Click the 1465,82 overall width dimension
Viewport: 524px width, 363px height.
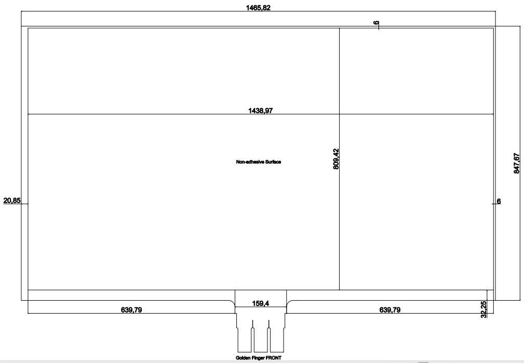(258, 8)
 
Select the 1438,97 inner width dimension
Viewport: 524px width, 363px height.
(260, 110)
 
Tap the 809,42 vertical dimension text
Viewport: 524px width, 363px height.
(336, 159)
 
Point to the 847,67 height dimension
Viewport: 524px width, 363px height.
(517, 163)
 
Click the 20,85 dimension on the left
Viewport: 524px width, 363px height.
(12, 200)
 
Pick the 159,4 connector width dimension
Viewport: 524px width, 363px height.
(260, 303)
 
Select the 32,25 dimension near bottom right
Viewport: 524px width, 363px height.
(483, 310)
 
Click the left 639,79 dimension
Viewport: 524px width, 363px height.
(131, 310)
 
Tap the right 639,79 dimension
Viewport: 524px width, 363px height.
(389, 310)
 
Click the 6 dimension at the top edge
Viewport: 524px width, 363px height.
(377, 23)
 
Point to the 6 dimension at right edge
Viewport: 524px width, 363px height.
(499, 201)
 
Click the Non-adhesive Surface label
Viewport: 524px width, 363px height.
(258, 162)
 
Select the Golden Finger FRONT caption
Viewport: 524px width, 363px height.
(258, 358)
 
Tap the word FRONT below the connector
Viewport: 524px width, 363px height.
(273, 358)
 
